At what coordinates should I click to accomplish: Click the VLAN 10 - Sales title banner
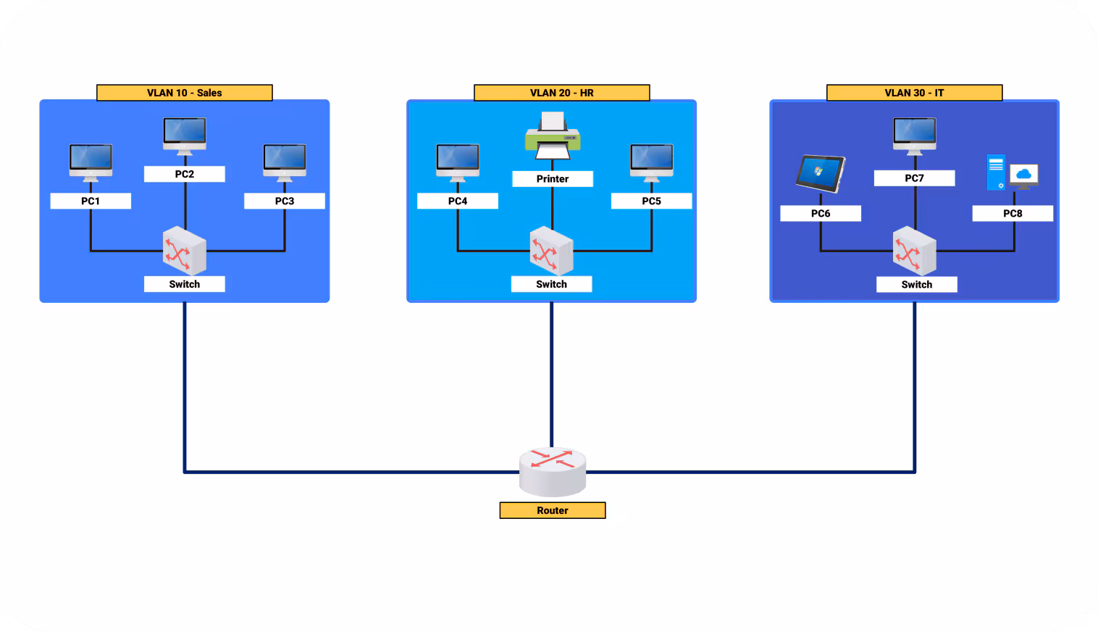pos(184,93)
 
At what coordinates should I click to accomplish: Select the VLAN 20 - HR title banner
pos(561,93)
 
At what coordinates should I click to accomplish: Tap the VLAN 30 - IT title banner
pos(914,93)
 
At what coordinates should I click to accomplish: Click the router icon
pos(552,470)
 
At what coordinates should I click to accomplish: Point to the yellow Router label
pos(552,510)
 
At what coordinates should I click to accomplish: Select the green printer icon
pos(552,136)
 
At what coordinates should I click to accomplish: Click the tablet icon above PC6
pos(820,174)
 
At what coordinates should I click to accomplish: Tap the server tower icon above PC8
pos(996,172)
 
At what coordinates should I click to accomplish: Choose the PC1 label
pos(91,201)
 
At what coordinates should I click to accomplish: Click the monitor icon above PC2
pos(184,136)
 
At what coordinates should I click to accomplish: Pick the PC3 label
pos(284,201)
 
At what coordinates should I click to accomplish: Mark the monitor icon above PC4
pos(457,162)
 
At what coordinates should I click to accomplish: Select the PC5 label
pos(651,201)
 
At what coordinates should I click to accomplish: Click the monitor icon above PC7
pos(914,136)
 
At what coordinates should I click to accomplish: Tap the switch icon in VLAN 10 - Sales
pos(184,250)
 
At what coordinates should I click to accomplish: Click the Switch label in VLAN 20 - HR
pos(551,284)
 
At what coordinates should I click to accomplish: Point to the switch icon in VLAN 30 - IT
pos(914,250)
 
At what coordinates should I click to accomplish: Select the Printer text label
pos(552,178)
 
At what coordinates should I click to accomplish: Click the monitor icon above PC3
pos(284,162)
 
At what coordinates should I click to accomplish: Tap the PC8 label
pos(1012,213)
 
